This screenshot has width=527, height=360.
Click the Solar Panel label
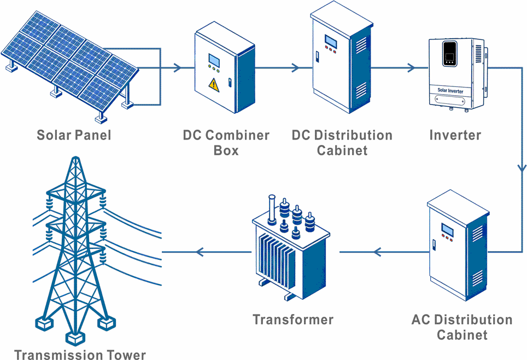click(x=73, y=135)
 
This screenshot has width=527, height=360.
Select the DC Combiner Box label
click(x=226, y=143)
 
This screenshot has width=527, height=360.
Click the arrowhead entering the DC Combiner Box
click(x=178, y=68)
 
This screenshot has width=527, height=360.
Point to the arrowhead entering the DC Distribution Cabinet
click(x=295, y=68)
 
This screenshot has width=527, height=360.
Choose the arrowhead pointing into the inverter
click(x=411, y=68)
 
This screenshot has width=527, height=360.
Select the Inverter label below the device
click(x=455, y=135)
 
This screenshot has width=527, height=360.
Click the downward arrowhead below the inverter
click(x=522, y=170)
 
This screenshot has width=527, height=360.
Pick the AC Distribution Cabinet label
click(x=462, y=327)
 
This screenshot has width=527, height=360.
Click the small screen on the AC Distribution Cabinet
click(x=448, y=229)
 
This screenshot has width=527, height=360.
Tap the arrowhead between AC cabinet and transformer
click(x=377, y=252)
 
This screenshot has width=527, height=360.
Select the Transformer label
click(x=293, y=320)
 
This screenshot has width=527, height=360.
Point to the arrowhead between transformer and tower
click(x=200, y=252)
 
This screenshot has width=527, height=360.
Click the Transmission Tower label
click(x=80, y=355)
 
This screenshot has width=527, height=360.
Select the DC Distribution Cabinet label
click(x=342, y=143)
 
